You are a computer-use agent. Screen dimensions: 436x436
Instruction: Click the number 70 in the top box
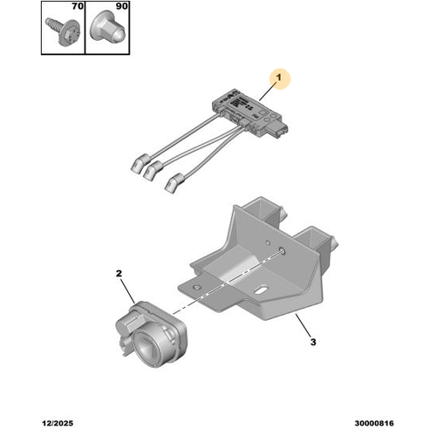78,6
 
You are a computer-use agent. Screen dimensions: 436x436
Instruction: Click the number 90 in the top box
122,6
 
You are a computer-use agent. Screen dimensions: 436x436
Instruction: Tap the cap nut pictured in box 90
107,28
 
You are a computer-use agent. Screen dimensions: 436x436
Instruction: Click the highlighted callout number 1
279,78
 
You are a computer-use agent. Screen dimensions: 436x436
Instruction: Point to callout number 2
119,274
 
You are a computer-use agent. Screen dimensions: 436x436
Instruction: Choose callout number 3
313,342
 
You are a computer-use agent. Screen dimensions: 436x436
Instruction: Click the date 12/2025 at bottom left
58,423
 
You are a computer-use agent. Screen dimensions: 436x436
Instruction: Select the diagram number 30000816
374,423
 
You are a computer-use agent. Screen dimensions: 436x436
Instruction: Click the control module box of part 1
246,112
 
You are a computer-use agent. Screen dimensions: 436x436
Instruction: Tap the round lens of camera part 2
146,345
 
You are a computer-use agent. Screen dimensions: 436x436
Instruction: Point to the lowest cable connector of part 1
174,183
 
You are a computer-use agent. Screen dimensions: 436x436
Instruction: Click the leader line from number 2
127,290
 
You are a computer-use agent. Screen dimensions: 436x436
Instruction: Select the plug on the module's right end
280,130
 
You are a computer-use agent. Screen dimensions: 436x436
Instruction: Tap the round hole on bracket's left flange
197,288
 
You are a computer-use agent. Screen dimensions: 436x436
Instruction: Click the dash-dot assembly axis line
228,283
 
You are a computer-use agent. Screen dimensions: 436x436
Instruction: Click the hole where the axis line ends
282,250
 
